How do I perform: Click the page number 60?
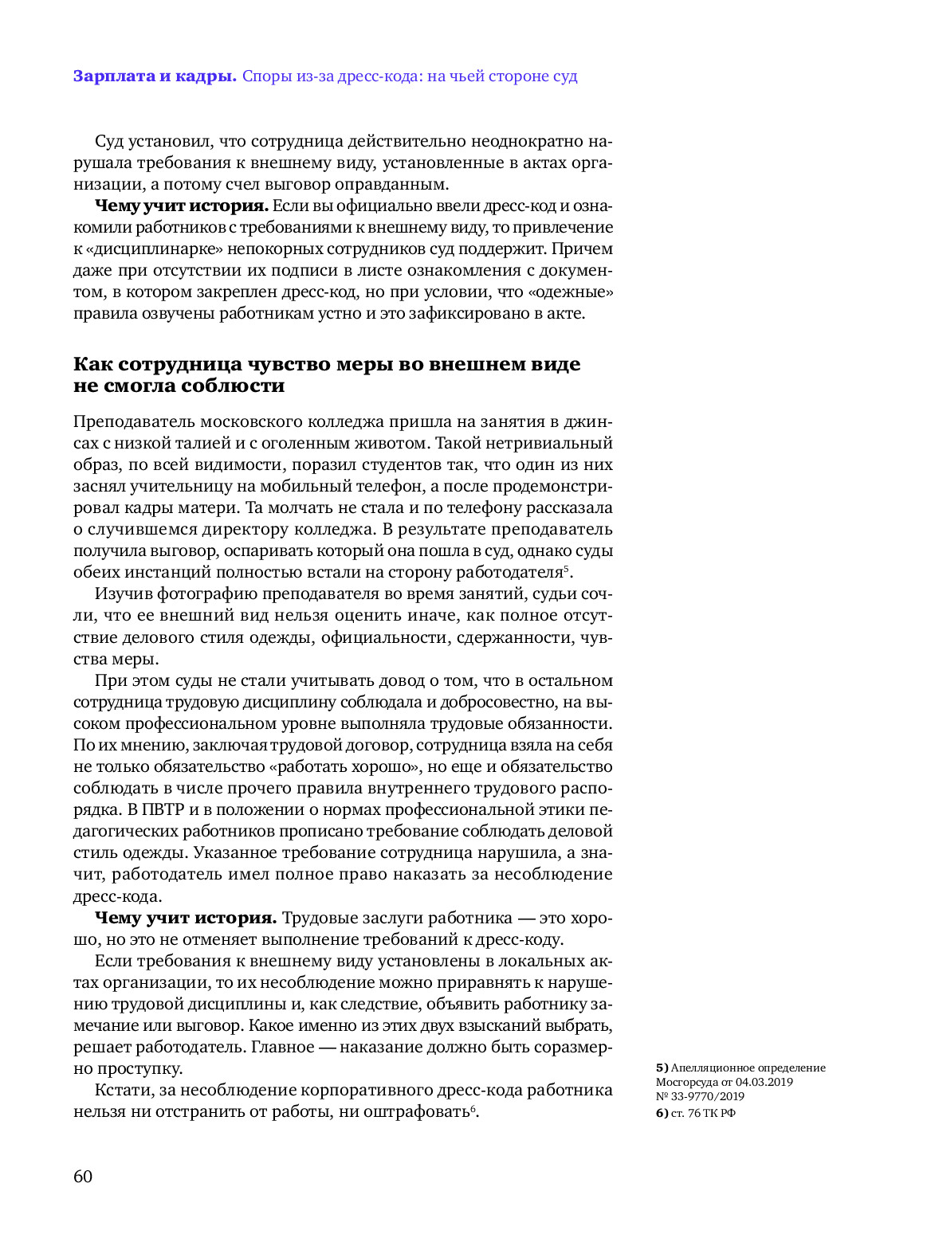[x=83, y=1176]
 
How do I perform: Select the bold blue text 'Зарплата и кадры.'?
[x=155, y=76]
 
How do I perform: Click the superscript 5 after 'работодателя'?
[x=566, y=568]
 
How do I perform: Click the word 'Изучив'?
[x=123, y=594]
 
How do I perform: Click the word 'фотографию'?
[x=207, y=594]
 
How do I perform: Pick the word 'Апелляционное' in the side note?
[x=710, y=1068]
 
